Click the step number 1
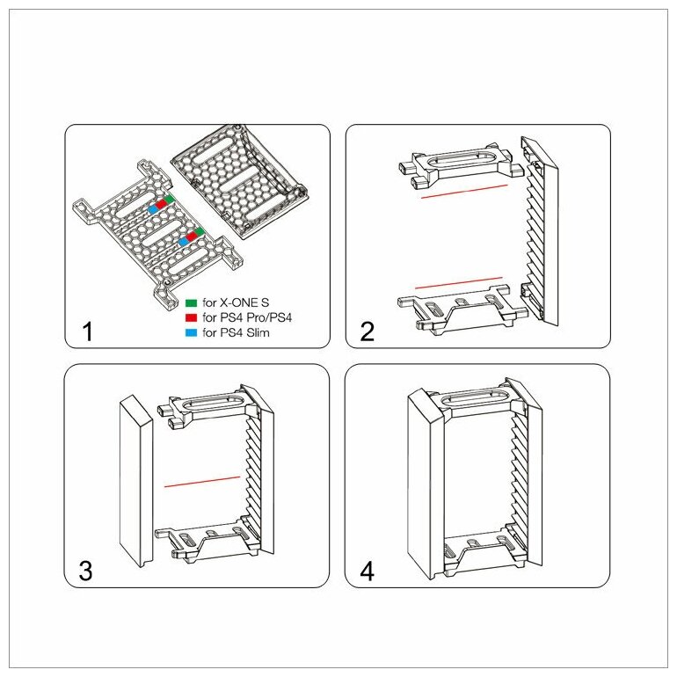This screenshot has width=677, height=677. click(x=86, y=331)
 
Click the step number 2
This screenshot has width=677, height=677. click(x=368, y=331)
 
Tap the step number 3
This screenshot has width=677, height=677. click(x=85, y=571)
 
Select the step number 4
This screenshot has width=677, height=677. click(x=368, y=571)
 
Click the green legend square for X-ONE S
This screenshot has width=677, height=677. click(x=191, y=302)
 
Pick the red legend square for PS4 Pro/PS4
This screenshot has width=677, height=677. click(x=191, y=317)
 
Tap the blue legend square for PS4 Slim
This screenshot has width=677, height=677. click(x=191, y=331)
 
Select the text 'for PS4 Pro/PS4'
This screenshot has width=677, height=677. click(x=246, y=317)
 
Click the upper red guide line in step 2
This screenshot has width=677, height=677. click(x=464, y=191)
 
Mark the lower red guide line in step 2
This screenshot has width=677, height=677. click(x=458, y=281)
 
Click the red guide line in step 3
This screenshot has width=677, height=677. click(x=202, y=481)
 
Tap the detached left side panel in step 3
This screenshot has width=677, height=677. click(x=136, y=479)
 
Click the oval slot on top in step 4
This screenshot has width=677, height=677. click(x=470, y=401)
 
